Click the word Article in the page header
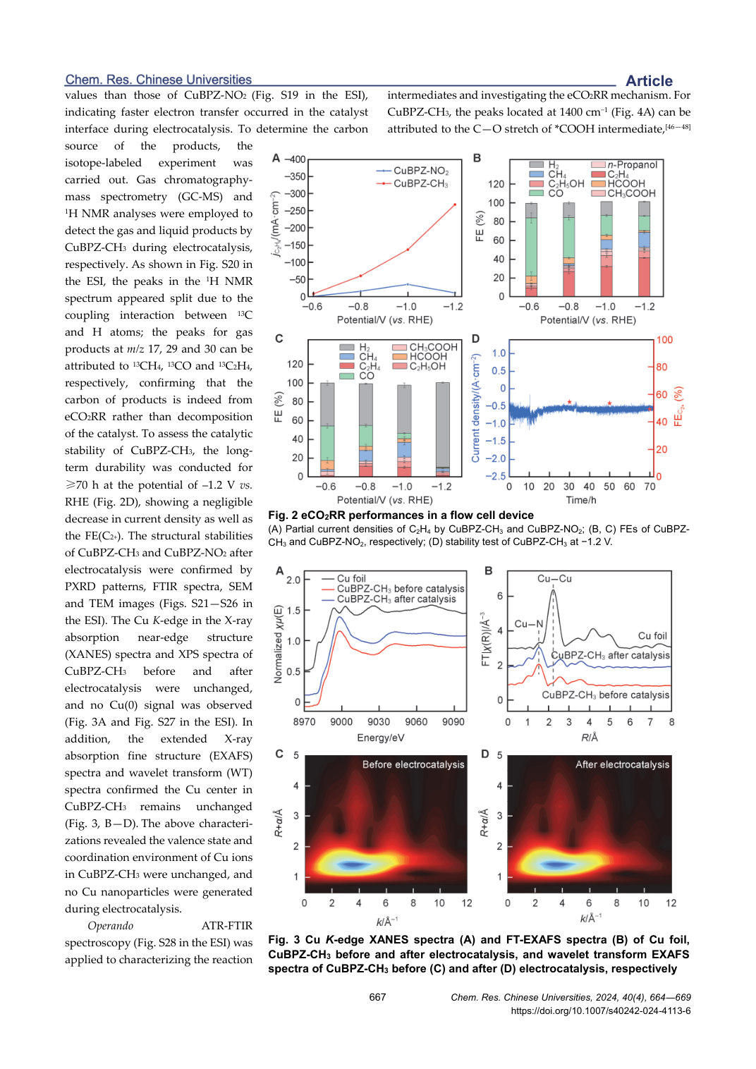[x=649, y=80]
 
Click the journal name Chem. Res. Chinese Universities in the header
[x=159, y=79]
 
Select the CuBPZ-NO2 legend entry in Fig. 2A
[x=413, y=171]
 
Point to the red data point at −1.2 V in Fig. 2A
[x=455, y=204]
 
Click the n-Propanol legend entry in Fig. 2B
[x=624, y=164]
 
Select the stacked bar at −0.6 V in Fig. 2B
[x=531, y=250]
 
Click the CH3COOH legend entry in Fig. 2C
[x=425, y=347]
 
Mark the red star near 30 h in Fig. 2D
[x=569, y=403]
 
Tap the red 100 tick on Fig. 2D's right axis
[x=664, y=340]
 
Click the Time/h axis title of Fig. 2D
[x=581, y=500]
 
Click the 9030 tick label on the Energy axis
[x=379, y=722]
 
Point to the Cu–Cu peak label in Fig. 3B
[x=554, y=578]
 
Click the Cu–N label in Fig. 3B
[x=528, y=624]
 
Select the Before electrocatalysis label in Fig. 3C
[x=413, y=764]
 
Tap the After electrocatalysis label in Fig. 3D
[x=623, y=764]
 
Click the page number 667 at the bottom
[x=377, y=997]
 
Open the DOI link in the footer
[x=601, y=1010]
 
